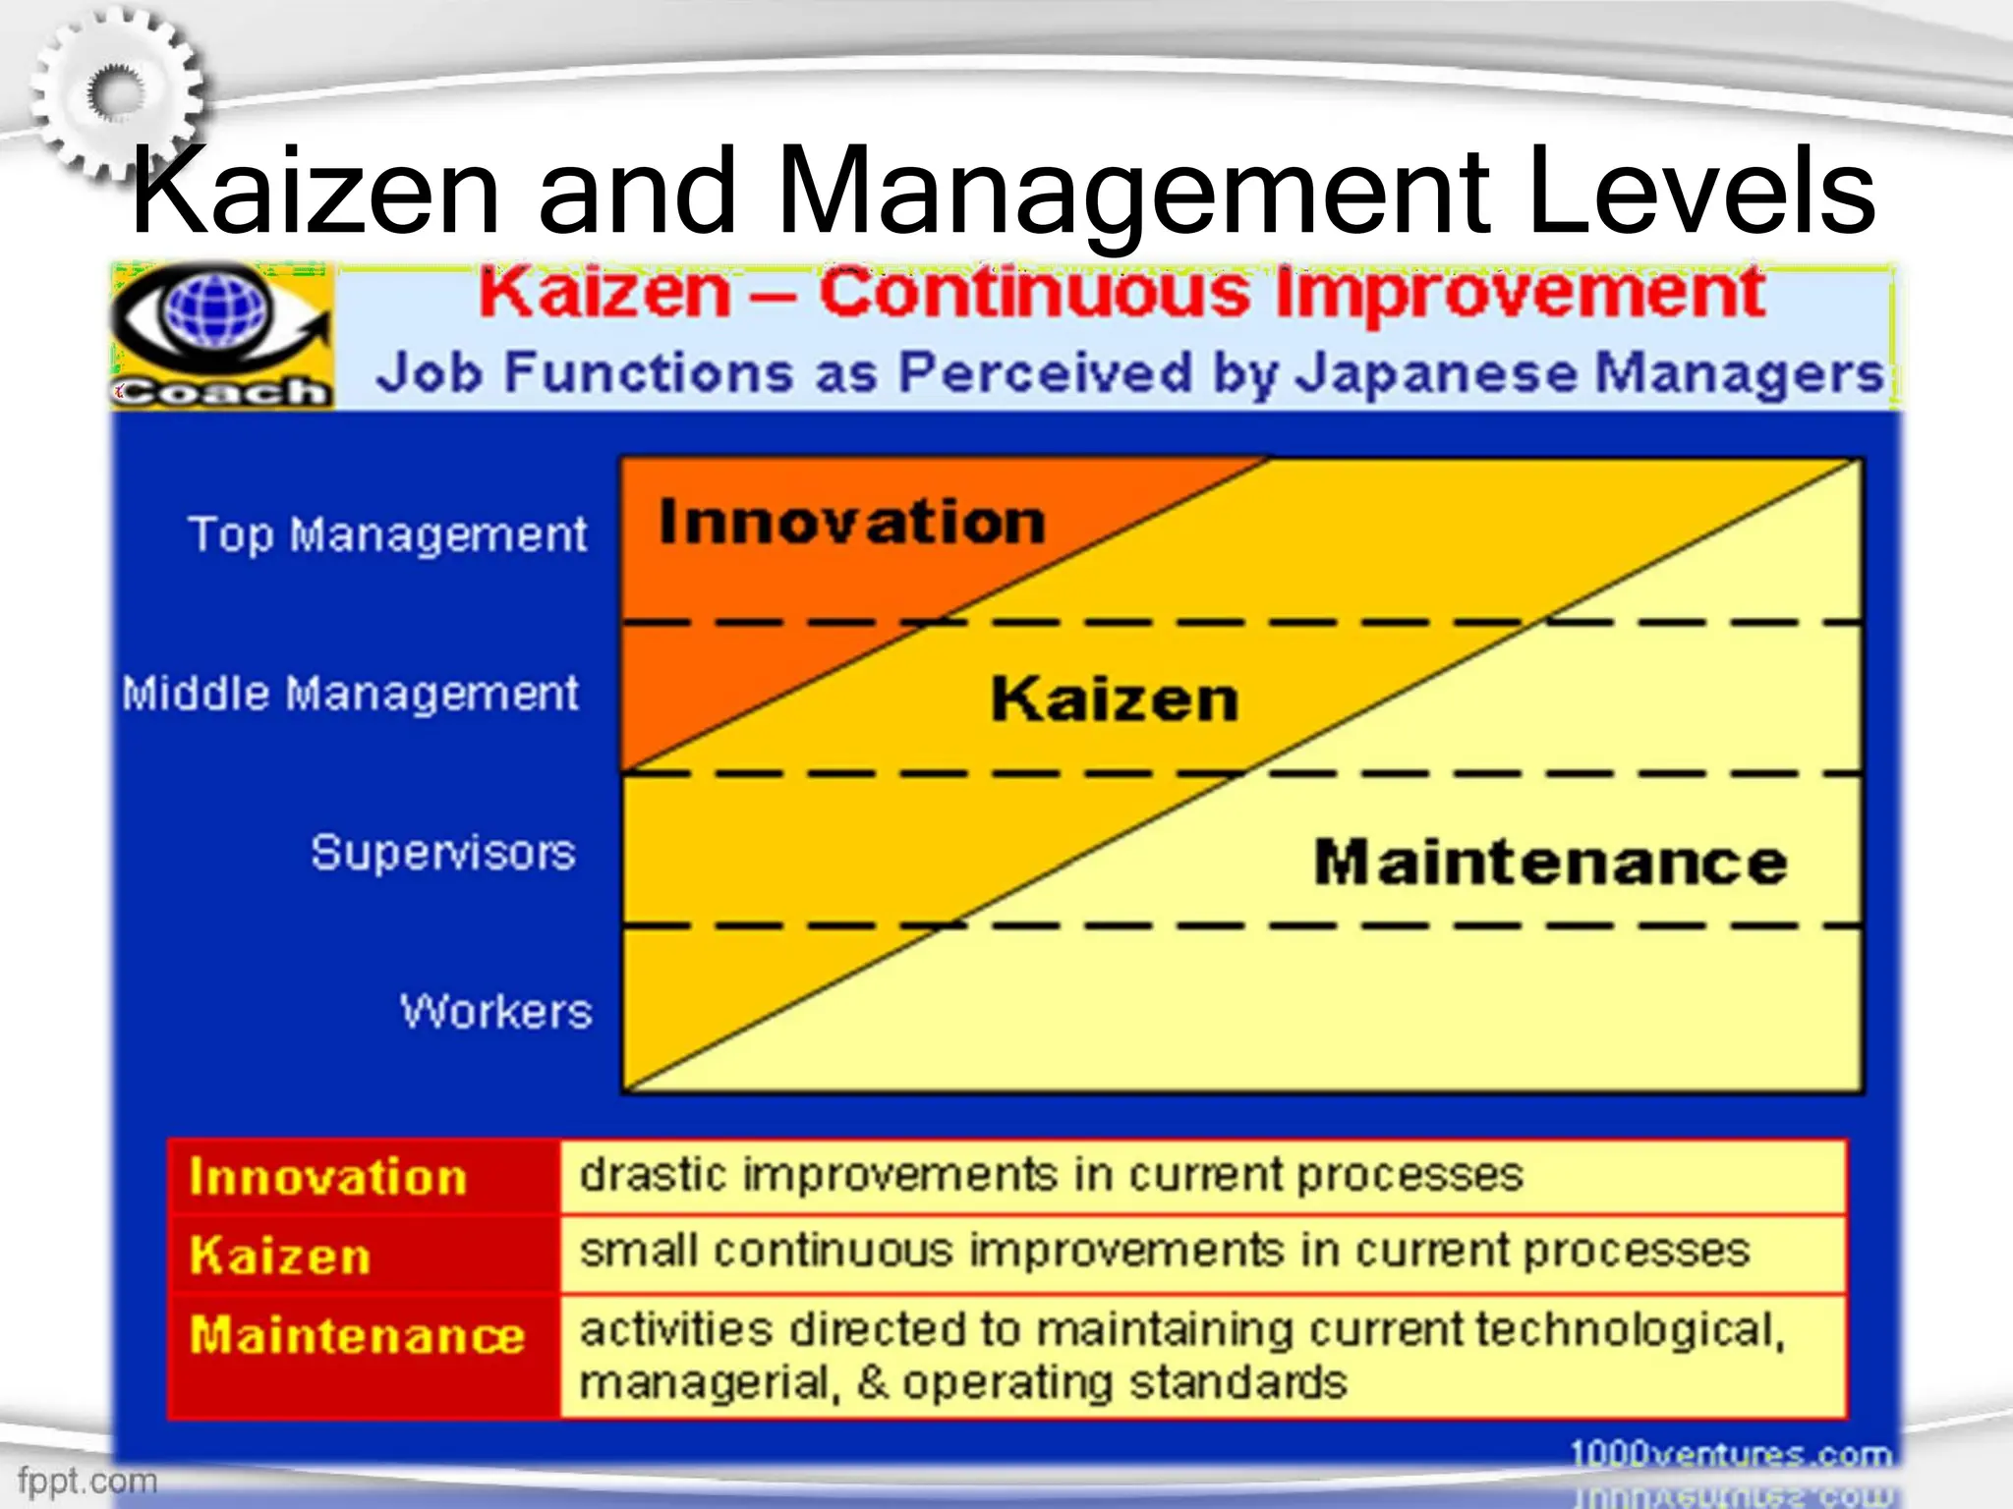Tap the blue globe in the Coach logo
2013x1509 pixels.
[216, 309]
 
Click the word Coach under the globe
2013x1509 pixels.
[220, 392]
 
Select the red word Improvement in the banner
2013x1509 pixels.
[1519, 294]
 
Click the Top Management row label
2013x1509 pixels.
[387, 535]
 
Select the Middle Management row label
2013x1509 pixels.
[350, 694]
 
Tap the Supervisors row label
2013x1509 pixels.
[442, 852]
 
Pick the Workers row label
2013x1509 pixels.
[495, 1011]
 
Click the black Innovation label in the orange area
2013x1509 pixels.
[851, 522]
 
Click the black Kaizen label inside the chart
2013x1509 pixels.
[1114, 699]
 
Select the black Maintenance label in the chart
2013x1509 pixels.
[1550, 863]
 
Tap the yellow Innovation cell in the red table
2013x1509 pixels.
[327, 1177]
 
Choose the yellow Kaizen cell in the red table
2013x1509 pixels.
[280, 1256]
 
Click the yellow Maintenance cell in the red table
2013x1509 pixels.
[357, 1335]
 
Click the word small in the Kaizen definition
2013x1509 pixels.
[638, 1252]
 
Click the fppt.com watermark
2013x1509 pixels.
[86, 1480]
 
